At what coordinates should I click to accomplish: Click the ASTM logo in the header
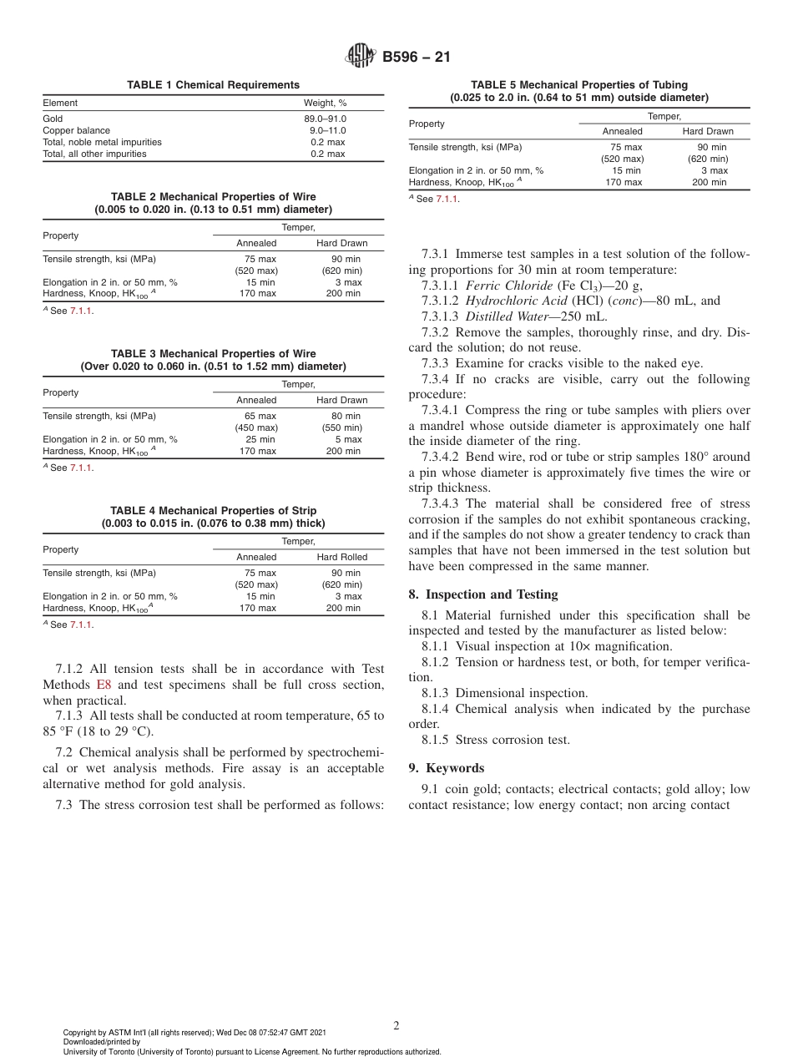click(x=361, y=57)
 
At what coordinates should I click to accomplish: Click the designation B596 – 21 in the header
click(x=416, y=58)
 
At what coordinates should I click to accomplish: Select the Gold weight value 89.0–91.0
click(x=325, y=119)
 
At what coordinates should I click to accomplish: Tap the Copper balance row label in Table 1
click(x=76, y=130)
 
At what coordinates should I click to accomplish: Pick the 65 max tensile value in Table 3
click(x=260, y=416)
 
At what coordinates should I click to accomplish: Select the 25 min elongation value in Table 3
click(x=260, y=439)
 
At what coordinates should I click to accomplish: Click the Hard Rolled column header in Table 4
click(x=341, y=557)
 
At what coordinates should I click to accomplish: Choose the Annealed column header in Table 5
click(x=622, y=131)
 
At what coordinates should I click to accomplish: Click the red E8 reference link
click(x=104, y=685)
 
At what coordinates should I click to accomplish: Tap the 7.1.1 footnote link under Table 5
click(x=447, y=199)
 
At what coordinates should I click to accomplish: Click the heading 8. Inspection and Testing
click(x=483, y=594)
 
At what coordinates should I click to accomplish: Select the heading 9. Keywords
click(x=447, y=768)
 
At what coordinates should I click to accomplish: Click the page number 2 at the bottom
click(x=396, y=1026)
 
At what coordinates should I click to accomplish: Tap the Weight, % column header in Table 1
click(x=325, y=103)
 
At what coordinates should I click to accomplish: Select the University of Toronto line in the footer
click(x=251, y=1051)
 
